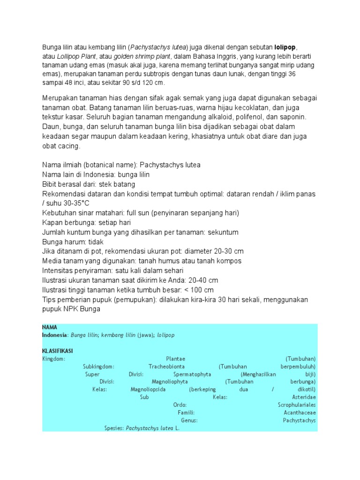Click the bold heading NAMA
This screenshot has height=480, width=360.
(50, 327)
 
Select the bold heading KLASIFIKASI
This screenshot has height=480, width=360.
(57, 351)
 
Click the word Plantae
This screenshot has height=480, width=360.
(176, 359)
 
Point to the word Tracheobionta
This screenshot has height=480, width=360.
(166, 366)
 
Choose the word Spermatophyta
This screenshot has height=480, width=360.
(192, 374)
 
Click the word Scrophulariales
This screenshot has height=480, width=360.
(297, 405)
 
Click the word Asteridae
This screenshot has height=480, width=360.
(304, 397)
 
